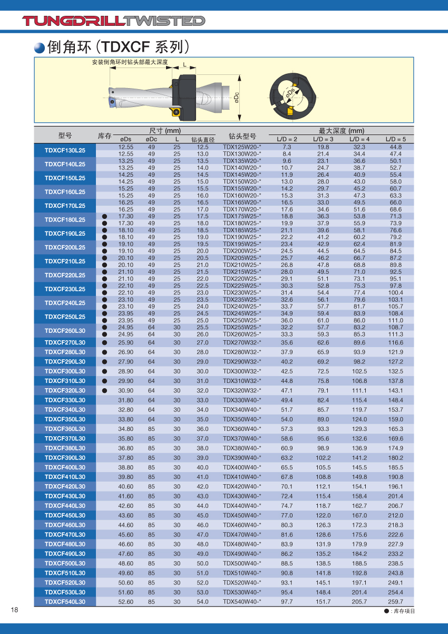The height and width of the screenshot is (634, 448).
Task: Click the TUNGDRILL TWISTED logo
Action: coord(113,21)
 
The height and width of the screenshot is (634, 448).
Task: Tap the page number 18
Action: coord(15,610)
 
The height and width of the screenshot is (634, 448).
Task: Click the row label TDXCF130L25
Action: coord(65,150)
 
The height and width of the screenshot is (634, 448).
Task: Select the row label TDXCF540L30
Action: coord(65,602)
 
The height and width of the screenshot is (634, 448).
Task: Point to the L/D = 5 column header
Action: coord(396,139)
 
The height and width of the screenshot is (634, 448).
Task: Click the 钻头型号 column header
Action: coord(242,136)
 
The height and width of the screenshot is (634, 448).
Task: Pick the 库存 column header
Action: coord(104,136)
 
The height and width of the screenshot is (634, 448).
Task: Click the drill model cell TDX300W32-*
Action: coord(242,371)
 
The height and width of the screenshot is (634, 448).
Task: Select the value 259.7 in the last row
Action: coord(395,602)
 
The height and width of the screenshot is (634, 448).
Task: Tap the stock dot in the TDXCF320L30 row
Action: coord(104,390)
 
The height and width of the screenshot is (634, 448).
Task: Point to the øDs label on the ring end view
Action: coord(290,94)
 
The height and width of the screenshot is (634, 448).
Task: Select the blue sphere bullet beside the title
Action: coord(40,47)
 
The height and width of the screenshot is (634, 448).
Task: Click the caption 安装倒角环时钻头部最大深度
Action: coord(130,62)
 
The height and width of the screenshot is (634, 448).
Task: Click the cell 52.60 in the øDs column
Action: coord(126,602)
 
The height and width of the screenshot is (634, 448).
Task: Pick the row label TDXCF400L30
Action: coord(65,467)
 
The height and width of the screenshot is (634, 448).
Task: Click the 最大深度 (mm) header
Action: coord(342,131)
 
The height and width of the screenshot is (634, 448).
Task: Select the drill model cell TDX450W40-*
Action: coord(242,515)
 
